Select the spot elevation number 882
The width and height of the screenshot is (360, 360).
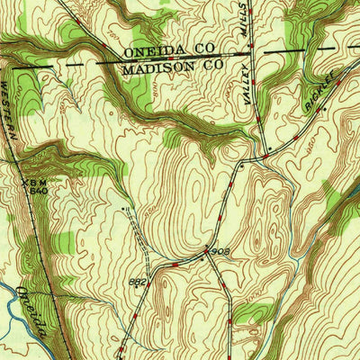(x=137, y=282)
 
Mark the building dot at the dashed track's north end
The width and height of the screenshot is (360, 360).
(x=124, y=206)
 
